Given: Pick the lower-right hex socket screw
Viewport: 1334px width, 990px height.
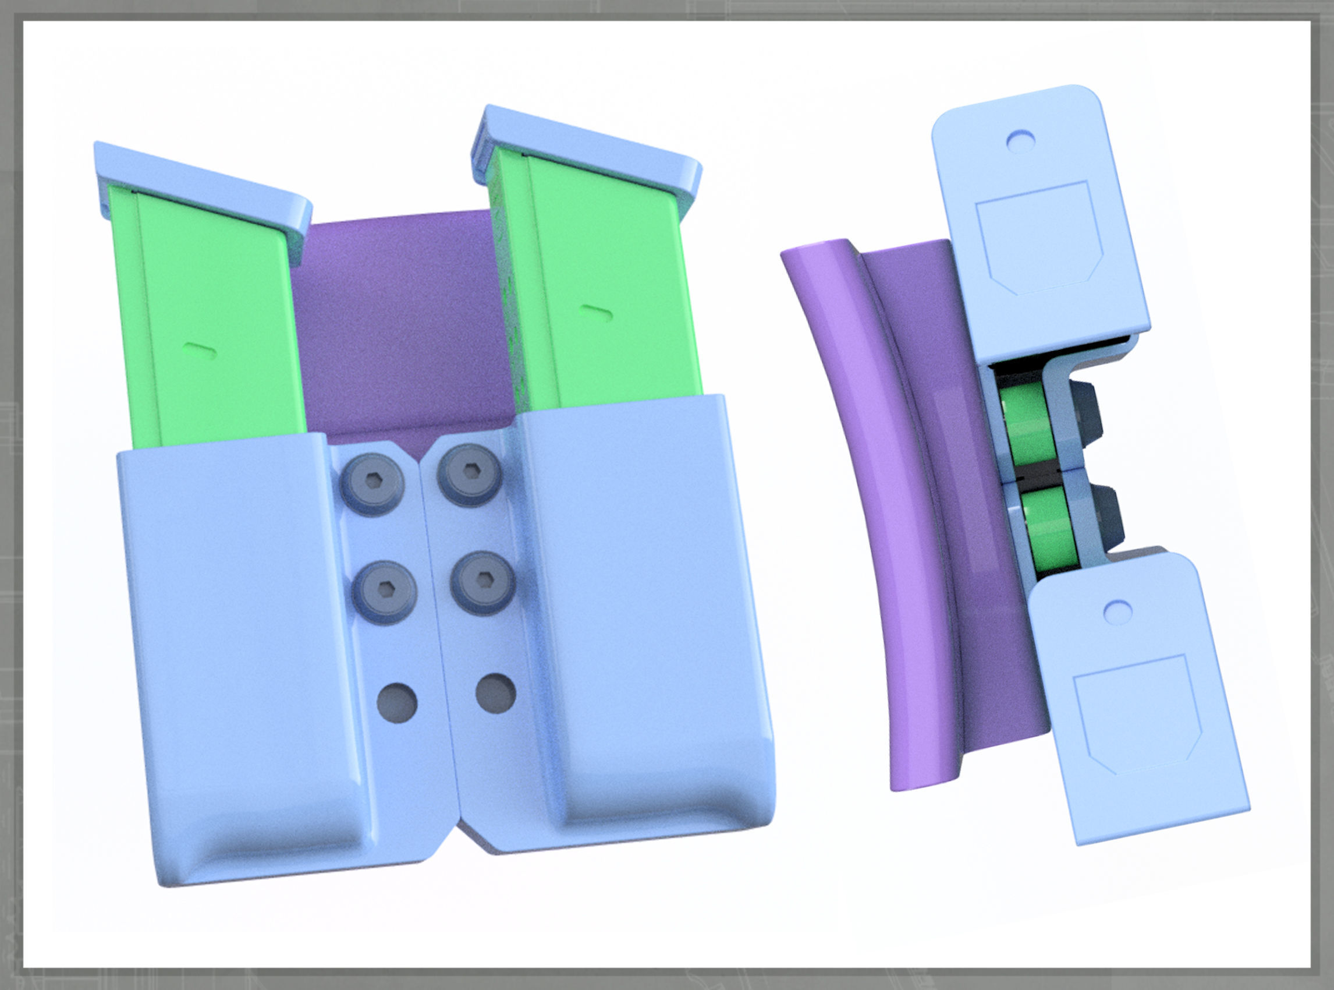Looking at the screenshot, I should pyautogui.click(x=482, y=580).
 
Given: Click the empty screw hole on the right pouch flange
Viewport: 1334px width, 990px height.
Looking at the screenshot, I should pyautogui.click(x=495, y=692).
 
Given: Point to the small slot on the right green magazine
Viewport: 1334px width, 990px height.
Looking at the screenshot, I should pyautogui.click(x=597, y=312).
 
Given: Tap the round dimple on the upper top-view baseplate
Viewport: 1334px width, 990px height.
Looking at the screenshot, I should pyautogui.click(x=1020, y=142).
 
